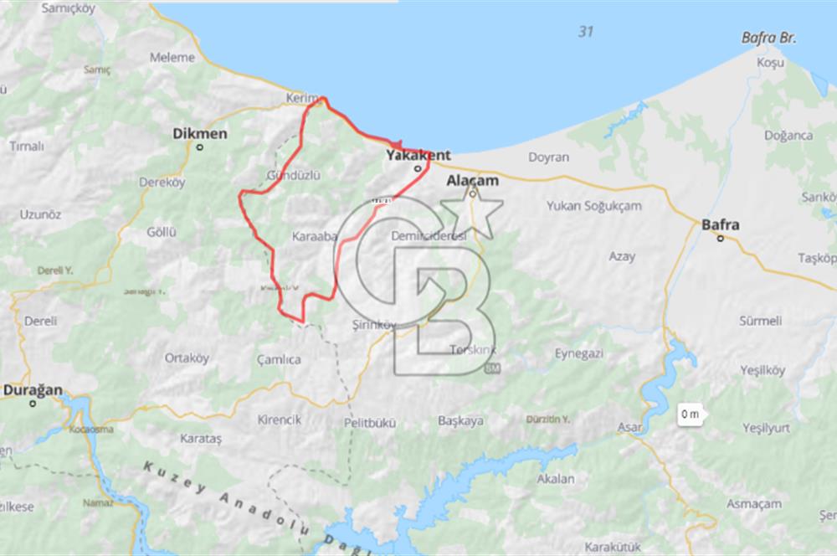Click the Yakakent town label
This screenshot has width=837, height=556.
pyautogui.click(x=418, y=155)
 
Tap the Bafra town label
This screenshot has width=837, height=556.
pyautogui.click(x=720, y=224)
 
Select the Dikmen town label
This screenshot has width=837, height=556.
pyautogui.click(x=199, y=132)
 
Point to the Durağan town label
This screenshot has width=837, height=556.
pyautogui.click(x=31, y=389)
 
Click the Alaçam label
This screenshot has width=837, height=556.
pyautogui.click(x=473, y=180)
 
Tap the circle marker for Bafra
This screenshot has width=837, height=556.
pyautogui.click(x=720, y=239)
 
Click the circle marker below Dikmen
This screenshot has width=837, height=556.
pyautogui.click(x=200, y=147)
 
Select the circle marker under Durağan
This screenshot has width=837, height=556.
pyautogui.click(x=33, y=404)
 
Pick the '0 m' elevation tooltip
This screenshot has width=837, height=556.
pyautogui.click(x=691, y=414)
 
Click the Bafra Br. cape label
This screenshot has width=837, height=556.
pyautogui.click(x=768, y=39)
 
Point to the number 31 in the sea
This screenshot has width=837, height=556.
pyautogui.click(x=586, y=32)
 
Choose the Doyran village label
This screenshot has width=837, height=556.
pyautogui.click(x=548, y=157)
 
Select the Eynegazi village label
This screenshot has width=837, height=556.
pyautogui.click(x=578, y=353)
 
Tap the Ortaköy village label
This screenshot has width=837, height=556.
pyautogui.click(x=186, y=358)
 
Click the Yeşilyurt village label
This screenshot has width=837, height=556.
pyautogui.click(x=766, y=428)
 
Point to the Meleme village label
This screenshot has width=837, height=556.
pyautogui.click(x=172, y=58)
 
